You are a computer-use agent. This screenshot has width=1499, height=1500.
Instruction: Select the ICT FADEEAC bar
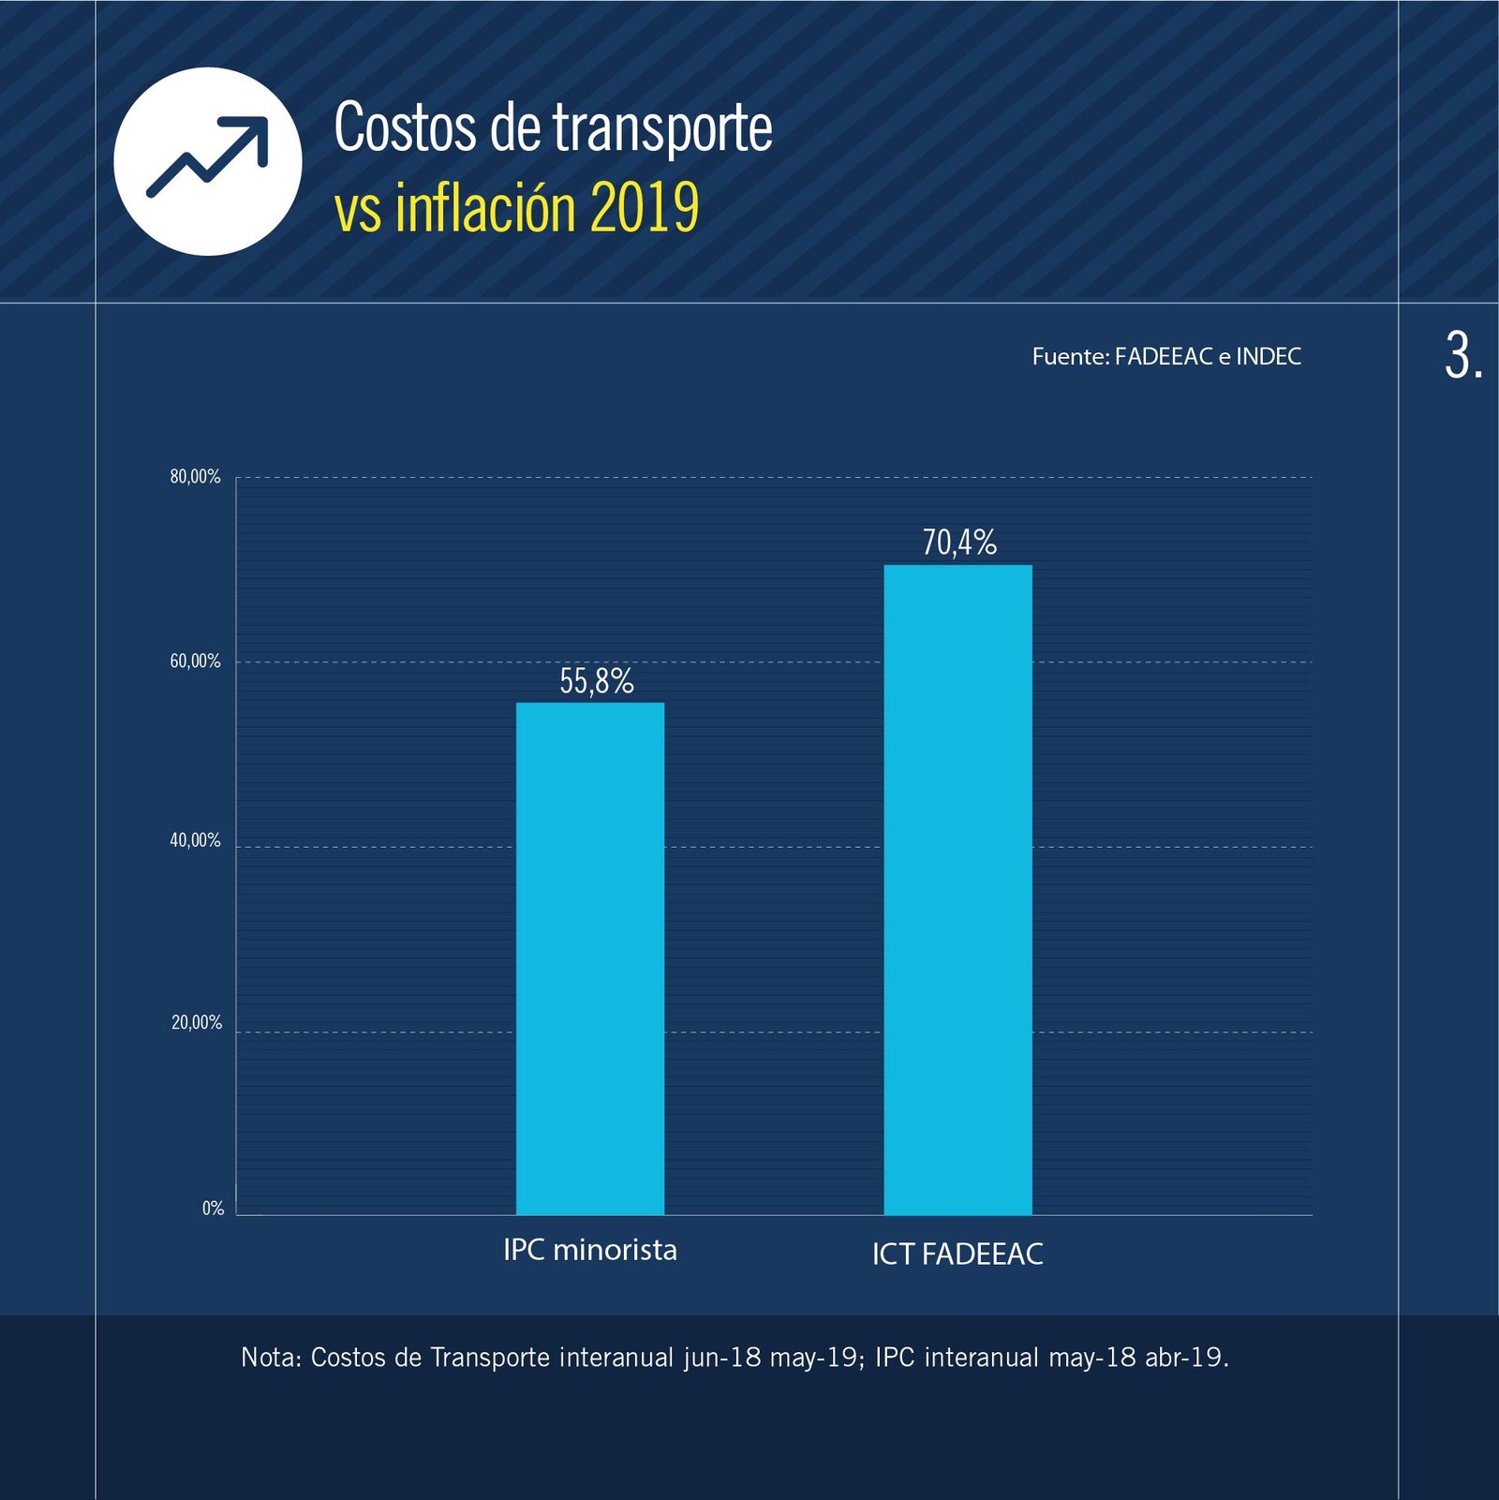pyautogui.click(x=957, y=889)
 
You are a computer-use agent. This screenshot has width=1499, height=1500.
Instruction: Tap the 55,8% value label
pyautogui.click(x=597, y=681)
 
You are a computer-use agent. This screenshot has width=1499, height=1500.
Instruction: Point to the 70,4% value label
pyautogui.click(x=959, y=542)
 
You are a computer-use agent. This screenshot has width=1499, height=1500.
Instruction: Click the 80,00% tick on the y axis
pyautogui.click(x=195, y=477)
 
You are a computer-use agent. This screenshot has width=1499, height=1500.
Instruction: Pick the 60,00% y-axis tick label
pyautogui.click(x=195, y=661)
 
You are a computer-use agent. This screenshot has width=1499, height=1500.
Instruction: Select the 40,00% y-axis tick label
pyautogui.click(x=195, y=840)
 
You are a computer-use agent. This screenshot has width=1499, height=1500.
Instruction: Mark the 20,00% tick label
pyautogui.click(x=196, y=1022)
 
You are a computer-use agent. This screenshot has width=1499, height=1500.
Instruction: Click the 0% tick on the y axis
pyautogui.click(x=213, y=1209)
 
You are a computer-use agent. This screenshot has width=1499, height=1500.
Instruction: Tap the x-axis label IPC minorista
pyautogui.click(x=589, y=1250)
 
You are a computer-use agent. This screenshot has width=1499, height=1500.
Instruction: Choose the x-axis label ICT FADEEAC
pyautogui.click(x=957, y=1254)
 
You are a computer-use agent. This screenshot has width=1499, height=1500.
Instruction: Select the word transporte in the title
pyautogui.click(x=661, y=128)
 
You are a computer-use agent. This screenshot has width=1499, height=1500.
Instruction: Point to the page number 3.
pyautogui.click(x=1462, y=357)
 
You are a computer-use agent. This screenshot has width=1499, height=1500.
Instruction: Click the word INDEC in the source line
pyautogui.click(x=1268, y=356)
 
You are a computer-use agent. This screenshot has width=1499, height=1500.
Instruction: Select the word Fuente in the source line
pyautogui.click(x=1070, y=356)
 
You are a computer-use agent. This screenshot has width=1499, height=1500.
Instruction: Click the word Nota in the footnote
pyautogui.click(x=270, y=1357)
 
